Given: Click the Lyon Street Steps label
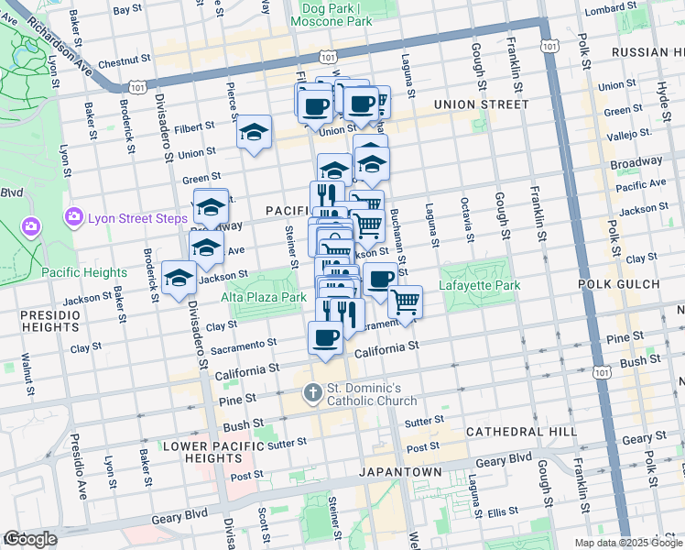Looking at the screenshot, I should point(137,218).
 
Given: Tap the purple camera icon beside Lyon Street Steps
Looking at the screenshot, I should point(74,217).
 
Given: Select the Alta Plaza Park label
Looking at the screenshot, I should point(264,298).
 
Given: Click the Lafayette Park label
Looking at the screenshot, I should point(481,286).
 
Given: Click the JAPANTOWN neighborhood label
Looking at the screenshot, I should point(401,472).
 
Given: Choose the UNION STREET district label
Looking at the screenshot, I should point(481,104).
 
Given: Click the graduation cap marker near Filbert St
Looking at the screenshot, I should point(255,134).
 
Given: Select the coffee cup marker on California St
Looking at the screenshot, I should point(326,338).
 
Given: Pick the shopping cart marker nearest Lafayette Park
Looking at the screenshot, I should point(405,302).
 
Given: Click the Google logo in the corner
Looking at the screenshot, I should point(30,540).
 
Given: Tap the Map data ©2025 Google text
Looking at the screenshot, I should point(628,543).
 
